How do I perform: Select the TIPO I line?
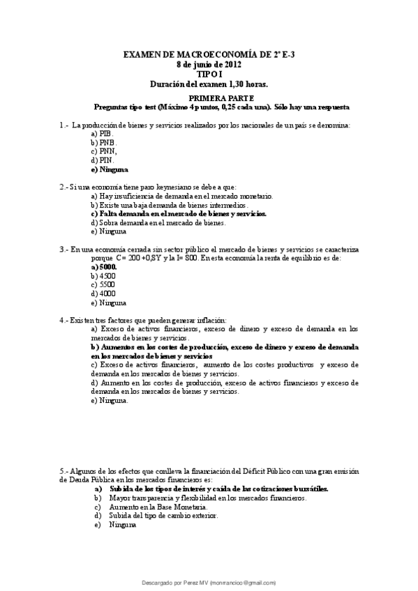[209, 73]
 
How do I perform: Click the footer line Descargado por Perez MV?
[209, 581]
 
